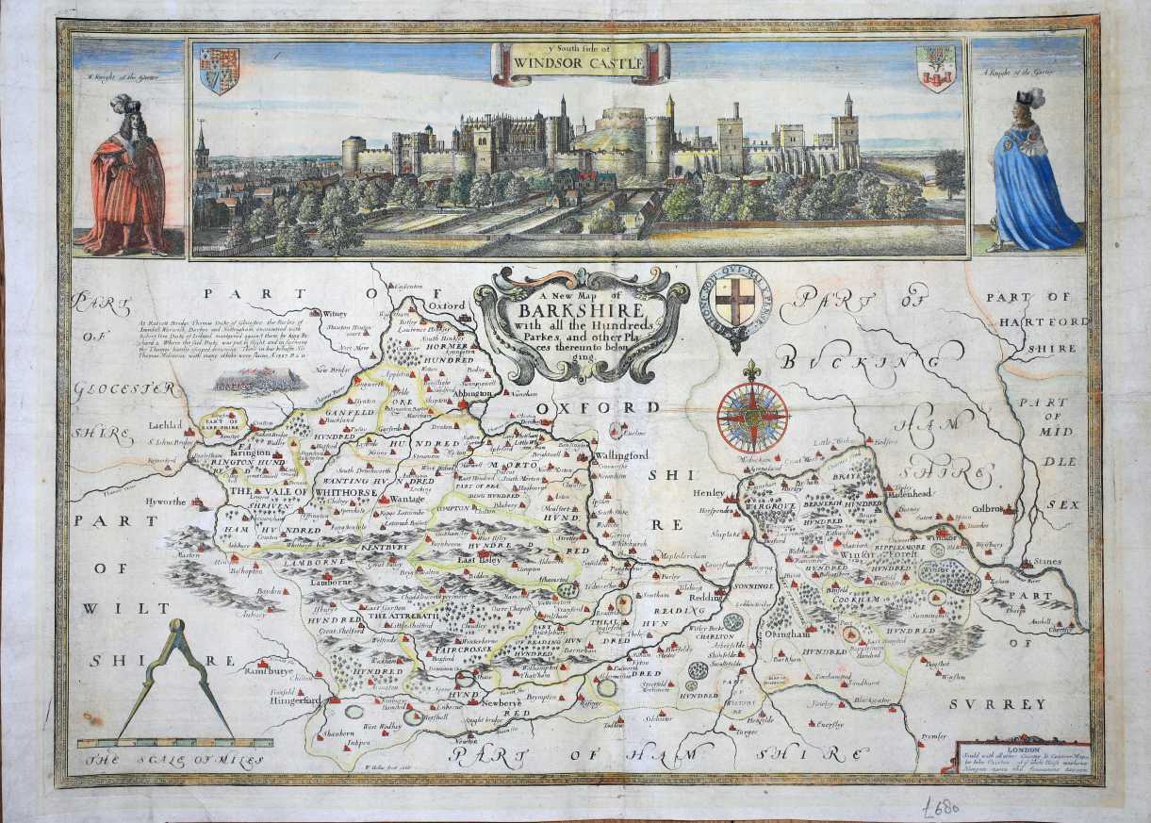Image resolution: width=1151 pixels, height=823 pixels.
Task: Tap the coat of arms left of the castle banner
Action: click(219, 71)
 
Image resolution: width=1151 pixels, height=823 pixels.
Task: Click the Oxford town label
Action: click(449, 305)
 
